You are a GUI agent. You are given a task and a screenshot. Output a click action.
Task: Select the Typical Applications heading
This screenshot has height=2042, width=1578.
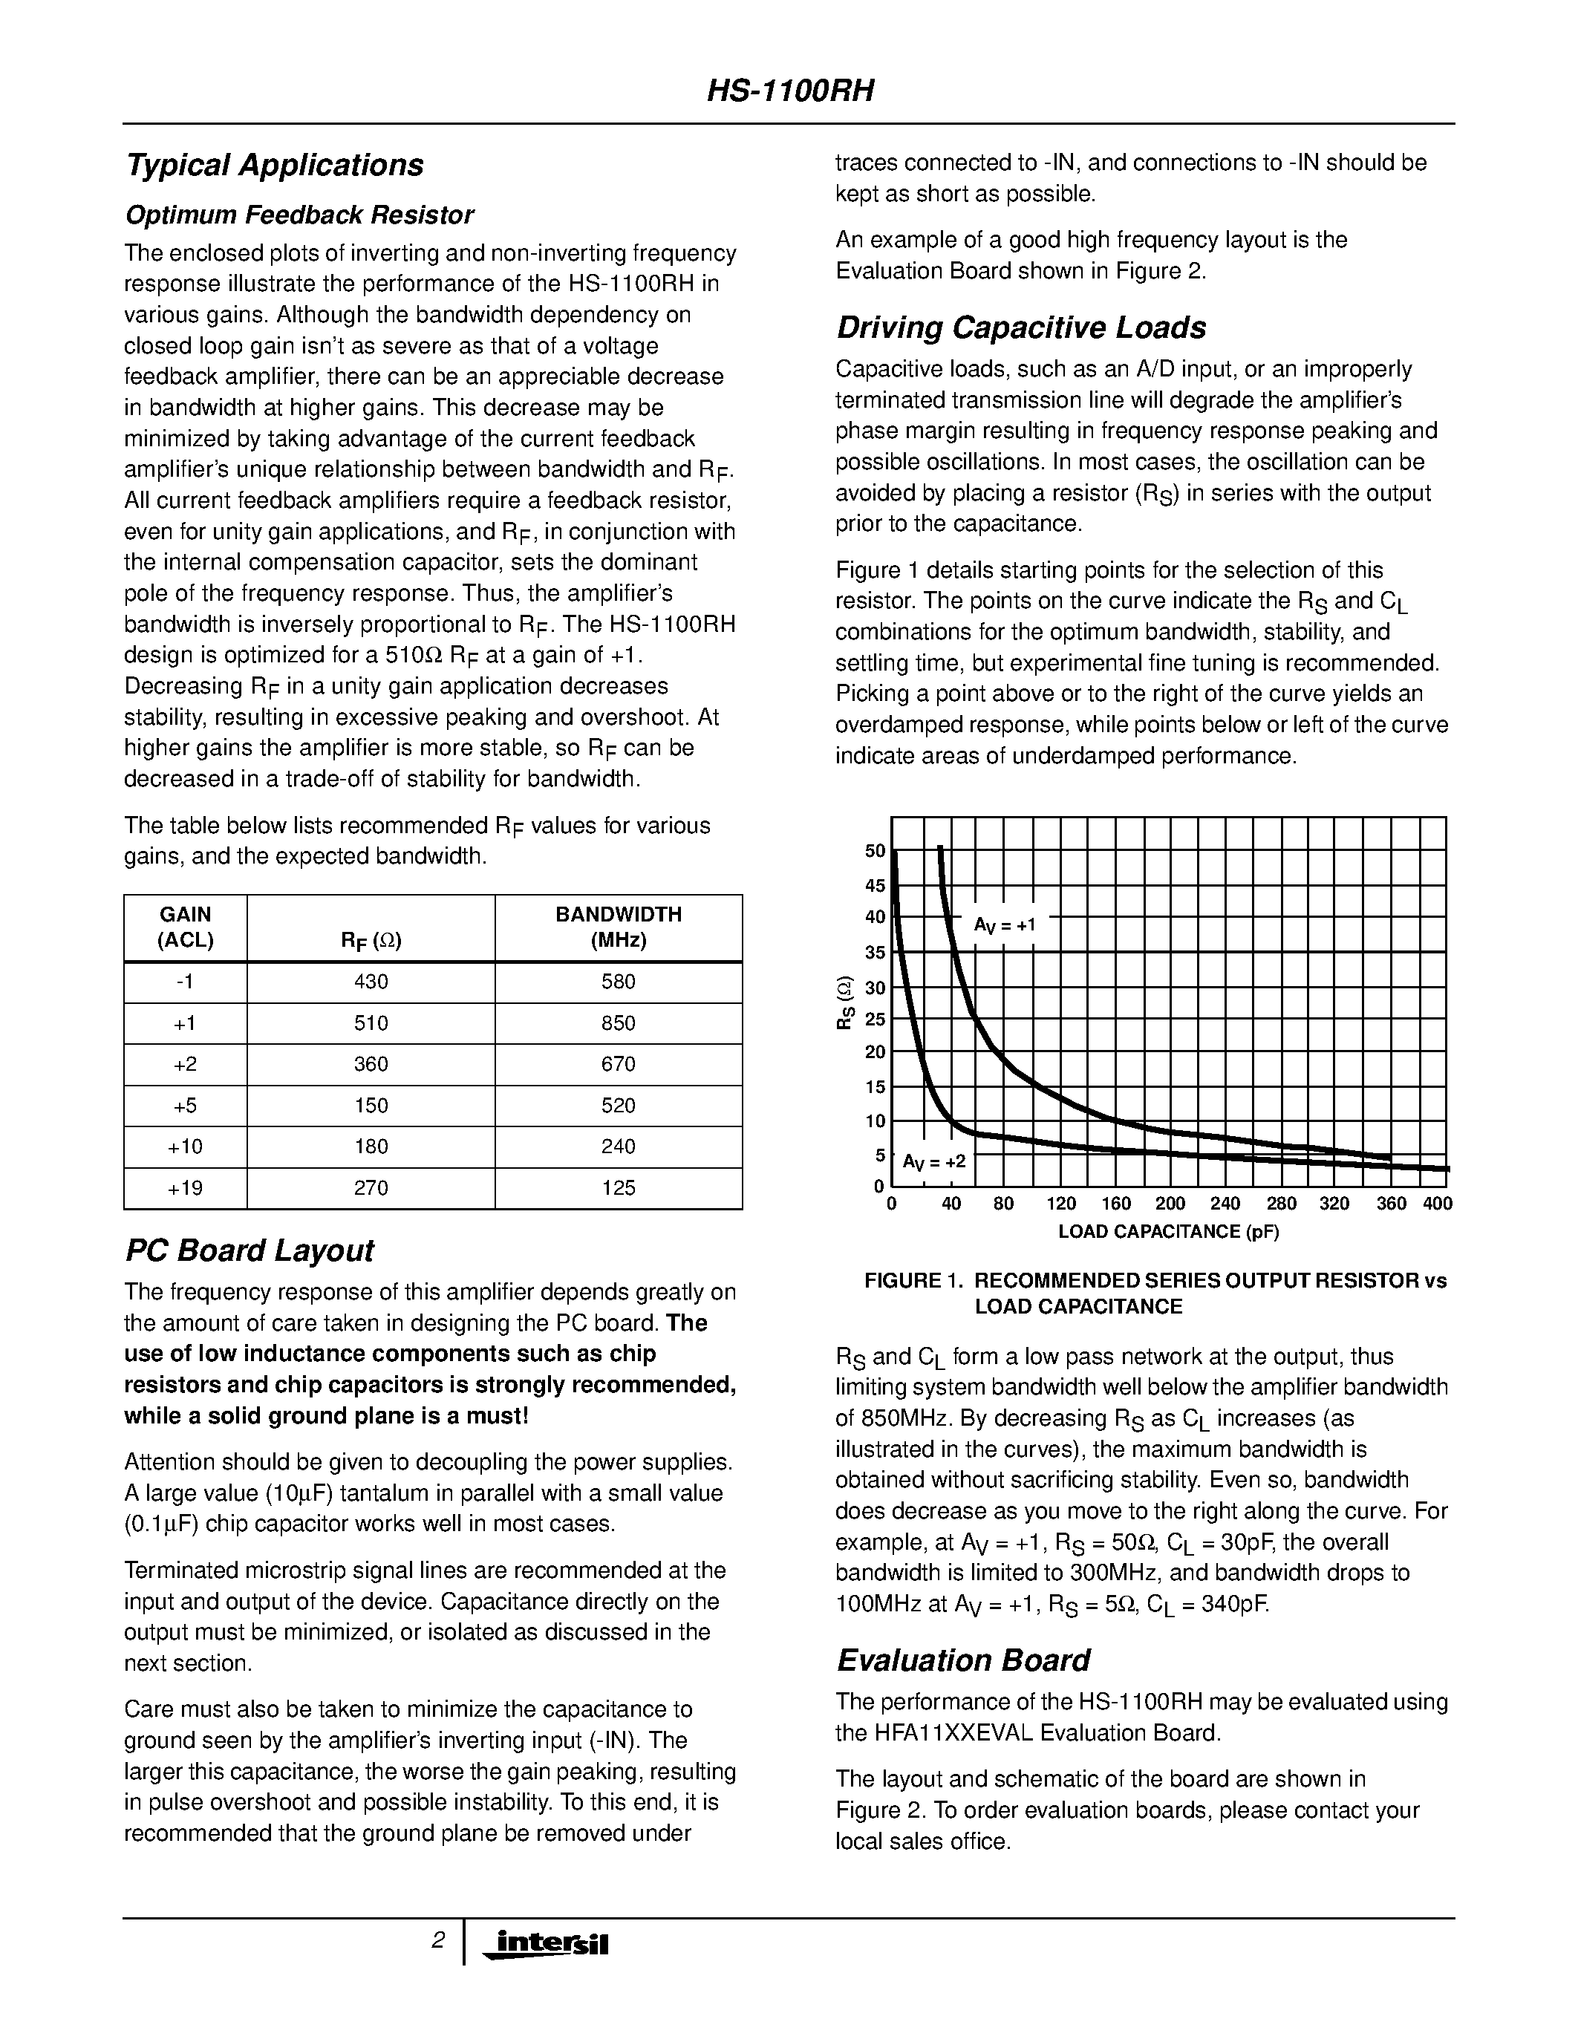pos(274,166)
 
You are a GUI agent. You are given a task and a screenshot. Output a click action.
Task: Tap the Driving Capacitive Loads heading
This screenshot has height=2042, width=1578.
pos(1021,328)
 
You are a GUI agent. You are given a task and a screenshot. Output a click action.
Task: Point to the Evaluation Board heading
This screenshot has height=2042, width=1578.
pos(963,1660)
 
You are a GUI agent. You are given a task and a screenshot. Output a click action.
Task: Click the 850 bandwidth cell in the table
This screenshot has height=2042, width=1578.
pos(618,1024)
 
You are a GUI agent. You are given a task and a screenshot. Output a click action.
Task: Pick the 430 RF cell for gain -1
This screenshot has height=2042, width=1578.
pos(371,982)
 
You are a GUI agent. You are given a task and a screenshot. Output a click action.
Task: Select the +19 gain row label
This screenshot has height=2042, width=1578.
pos(185,1188)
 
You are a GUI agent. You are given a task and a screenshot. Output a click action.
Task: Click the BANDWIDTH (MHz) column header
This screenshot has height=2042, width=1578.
pos(618,927)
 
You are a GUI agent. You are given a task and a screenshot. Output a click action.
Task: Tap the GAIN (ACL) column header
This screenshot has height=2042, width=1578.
pos(185,927)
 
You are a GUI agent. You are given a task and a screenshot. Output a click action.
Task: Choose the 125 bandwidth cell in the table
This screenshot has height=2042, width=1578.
pos(618,1188)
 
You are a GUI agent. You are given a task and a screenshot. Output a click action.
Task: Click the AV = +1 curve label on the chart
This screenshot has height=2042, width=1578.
pos(1005,926)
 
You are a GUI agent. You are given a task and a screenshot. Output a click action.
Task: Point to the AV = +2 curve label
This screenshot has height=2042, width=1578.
pos(934,1162)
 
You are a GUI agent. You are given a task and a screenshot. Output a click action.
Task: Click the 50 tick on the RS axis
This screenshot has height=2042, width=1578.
pos(875,851)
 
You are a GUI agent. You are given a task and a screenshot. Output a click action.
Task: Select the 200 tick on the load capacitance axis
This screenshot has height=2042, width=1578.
pos(1170,1204)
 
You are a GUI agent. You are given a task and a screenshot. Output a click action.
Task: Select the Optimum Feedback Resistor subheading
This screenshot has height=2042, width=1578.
pos(299,216)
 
